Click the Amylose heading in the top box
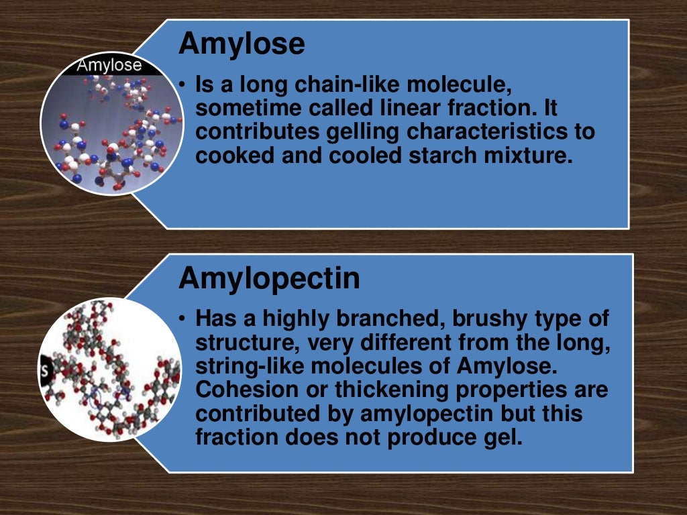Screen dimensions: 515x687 [x=242, y=44]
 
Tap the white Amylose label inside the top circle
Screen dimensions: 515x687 [x=109, y=65]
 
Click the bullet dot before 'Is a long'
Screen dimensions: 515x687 [x=182, y=84]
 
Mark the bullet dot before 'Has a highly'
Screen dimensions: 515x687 [x=182, y=318]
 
